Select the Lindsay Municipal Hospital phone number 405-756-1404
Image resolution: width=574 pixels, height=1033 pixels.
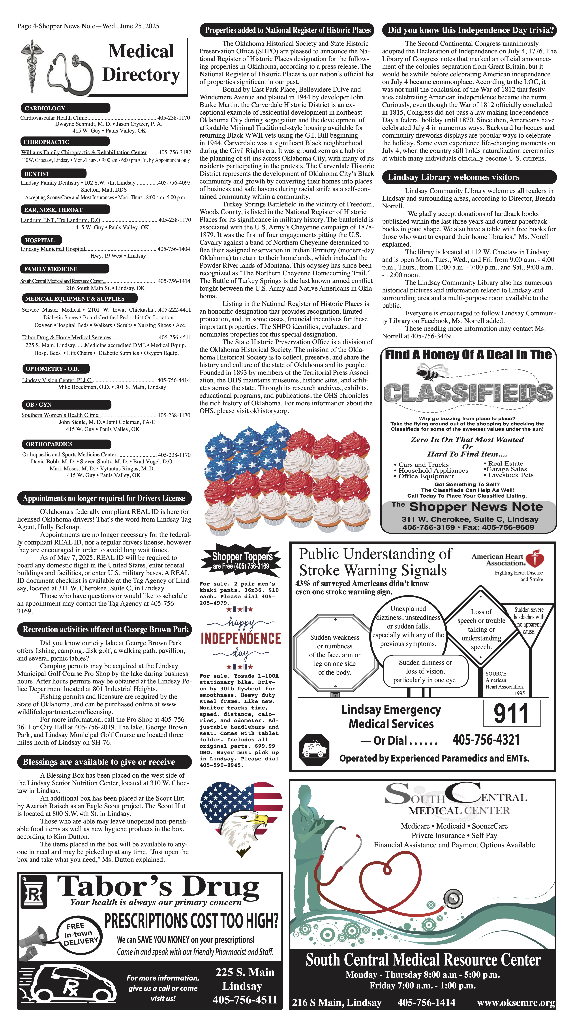pyautogui.click(x=174, y=249)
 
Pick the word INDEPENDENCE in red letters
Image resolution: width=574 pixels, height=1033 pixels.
pyautogui.click(x=241, y=638)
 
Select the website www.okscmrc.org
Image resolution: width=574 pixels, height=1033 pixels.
pyautogui.click(x=516, y=1003)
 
